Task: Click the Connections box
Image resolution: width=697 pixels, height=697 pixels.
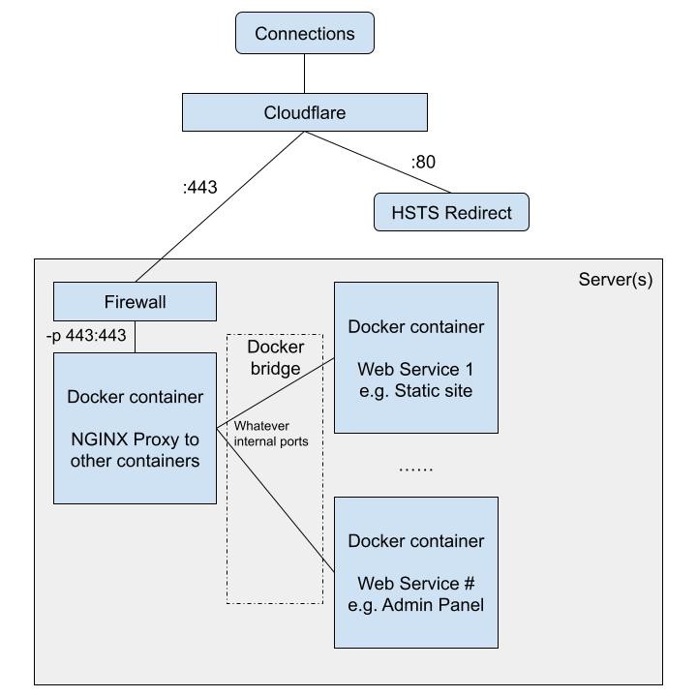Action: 305,34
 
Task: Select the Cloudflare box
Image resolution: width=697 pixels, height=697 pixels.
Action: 305,112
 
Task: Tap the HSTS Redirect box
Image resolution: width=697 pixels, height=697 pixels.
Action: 451,212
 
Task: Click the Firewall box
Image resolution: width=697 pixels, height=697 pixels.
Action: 135,302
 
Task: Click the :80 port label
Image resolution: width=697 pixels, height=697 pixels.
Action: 423,162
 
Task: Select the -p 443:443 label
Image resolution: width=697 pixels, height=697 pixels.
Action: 86,335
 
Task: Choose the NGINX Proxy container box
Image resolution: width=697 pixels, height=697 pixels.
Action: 135,428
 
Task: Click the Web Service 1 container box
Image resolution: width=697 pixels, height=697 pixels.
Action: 416,357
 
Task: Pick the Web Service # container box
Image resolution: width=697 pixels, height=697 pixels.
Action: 416,572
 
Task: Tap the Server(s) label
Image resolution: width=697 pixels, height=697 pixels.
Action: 616,280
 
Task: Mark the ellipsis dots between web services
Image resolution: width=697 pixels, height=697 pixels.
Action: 416,468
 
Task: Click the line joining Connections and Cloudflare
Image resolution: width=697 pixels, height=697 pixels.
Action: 305,74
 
